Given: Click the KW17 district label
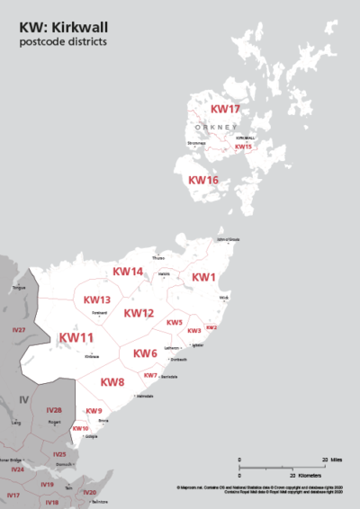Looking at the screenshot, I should pos(225,109).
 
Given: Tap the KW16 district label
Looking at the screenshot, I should pos(202,180).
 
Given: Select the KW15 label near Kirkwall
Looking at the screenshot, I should pos(243,147).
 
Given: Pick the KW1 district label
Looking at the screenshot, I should pos(204,277).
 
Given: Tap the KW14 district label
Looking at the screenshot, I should pos(127,272).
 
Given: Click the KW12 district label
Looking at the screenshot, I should pos(139,313).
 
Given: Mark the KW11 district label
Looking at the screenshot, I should pos(76,338).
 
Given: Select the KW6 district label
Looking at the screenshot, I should pos(145,353).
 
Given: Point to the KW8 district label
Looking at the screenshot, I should pos(112,382).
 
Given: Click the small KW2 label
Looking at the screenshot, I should pos(211,327).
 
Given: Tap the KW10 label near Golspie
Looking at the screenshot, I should pos(80,429).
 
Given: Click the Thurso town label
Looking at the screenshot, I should pos(159,259).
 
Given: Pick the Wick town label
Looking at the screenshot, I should pos(224,297).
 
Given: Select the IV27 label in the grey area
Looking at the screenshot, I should pos(19,331).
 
